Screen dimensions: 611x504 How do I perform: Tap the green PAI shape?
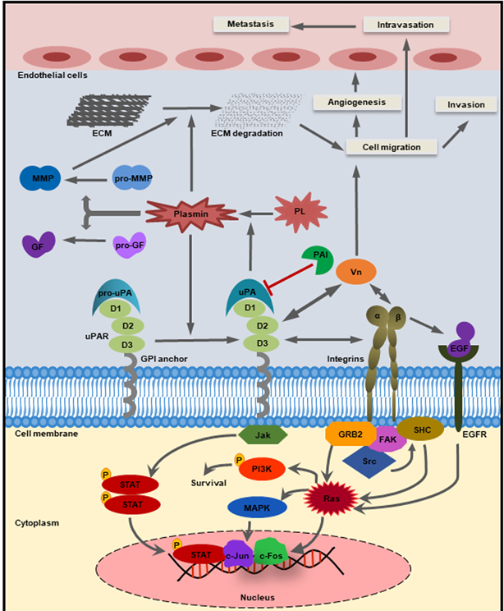(x=316, y=259)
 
